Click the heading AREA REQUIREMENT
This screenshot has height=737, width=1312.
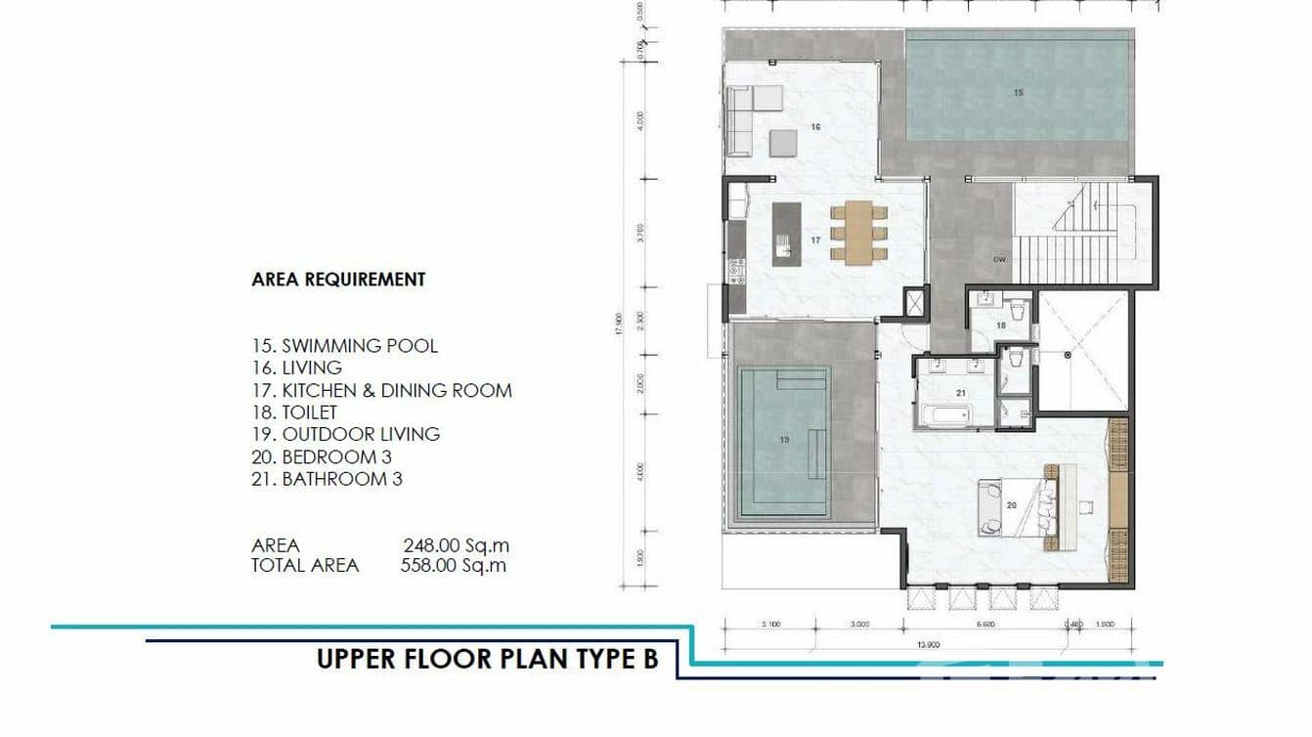click(x=338, y=280)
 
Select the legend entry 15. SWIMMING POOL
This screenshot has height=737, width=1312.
click(x=345, y=346)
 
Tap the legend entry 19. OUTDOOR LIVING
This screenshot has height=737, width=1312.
click(x=345, y=434)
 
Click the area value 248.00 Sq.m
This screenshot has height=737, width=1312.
click(x=456, y=545)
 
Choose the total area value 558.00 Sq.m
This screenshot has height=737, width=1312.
click(x=454, y=565)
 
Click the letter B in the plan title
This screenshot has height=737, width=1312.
click(x=649, y=659)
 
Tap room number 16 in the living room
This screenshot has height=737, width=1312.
click(x=815, y=127)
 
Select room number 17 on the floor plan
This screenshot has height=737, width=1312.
click(x=815, y=239)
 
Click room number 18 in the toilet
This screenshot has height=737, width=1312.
click(x=1001, y=325)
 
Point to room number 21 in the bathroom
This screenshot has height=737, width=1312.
click(x=961, y=393)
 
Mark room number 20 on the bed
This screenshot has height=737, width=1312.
click(x=1012, y=504)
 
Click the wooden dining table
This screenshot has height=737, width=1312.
click(x=859, y=231)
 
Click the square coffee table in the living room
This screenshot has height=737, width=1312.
click(x=783, y=144)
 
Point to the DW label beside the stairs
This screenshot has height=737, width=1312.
click(x=999, y=260)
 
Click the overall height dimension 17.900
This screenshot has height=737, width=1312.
click(x=618, y=323)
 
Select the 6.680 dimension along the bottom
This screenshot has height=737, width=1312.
click(x=984, y=624)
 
